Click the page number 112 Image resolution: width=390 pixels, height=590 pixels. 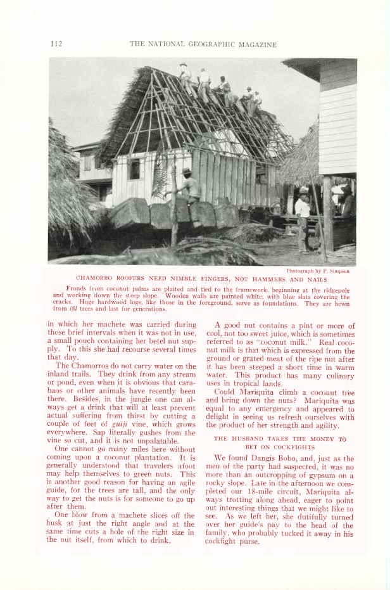point(56,44)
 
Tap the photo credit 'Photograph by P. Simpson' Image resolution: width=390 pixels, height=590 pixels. point(318,271)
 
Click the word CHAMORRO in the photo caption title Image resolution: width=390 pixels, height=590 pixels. point(96,279)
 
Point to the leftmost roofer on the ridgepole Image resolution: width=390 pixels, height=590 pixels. point(185,75)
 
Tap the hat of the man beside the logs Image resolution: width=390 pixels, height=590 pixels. point(187,172)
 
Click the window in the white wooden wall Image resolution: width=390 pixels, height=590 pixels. point(134,169)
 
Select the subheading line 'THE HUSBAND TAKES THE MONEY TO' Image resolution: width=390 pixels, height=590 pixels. point(280,439)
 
